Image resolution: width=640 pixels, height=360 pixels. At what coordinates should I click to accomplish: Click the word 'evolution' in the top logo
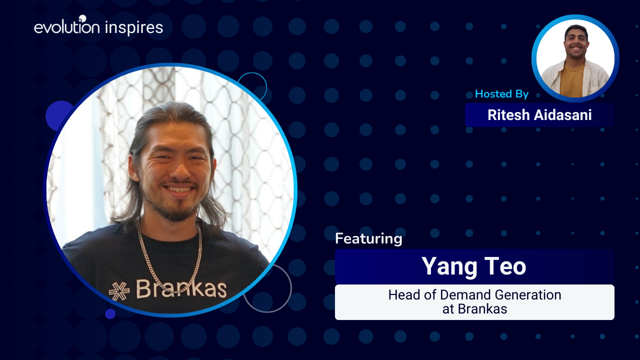click(67, 27)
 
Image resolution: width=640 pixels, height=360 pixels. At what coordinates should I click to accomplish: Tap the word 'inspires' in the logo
click(134, 27)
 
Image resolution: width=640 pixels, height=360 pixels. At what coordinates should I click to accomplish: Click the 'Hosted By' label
click(501, 94)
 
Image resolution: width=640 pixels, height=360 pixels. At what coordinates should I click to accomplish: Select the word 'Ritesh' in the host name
click(508, 115)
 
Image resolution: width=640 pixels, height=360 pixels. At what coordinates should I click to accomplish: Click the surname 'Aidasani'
click(563, 115)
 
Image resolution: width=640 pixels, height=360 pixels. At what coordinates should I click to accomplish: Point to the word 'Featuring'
click(368, 238)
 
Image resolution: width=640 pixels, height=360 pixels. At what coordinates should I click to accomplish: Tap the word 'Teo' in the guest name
click(505, 266)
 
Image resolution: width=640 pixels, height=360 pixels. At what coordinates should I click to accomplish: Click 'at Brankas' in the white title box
click(475, 309)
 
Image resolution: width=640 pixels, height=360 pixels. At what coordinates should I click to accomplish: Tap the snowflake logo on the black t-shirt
click(119, 291)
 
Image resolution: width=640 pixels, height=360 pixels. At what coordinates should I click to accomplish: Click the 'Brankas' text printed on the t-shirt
click(181, 289)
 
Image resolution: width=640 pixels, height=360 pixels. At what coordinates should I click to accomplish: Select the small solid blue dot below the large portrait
click(110, 313)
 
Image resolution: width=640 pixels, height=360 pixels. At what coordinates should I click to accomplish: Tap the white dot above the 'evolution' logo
click(82, 18)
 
